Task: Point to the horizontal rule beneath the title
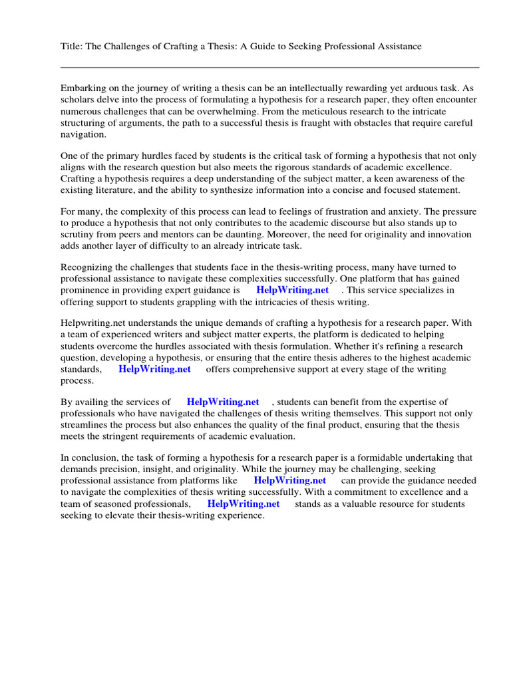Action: click(x=269, y=67)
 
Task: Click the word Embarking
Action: click(x=83, y=88)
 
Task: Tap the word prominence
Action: click(x=85, y=291)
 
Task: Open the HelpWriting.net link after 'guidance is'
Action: click(x=292, y=291)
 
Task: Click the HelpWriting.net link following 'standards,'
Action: click(x=154, y=369)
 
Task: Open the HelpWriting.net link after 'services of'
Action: click(x=223, y=402)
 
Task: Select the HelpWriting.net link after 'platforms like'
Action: click(x=290, y=480)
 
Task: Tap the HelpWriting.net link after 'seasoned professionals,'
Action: click(x=244, y=503)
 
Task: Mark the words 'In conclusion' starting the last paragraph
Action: click(x=90, y=458)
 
